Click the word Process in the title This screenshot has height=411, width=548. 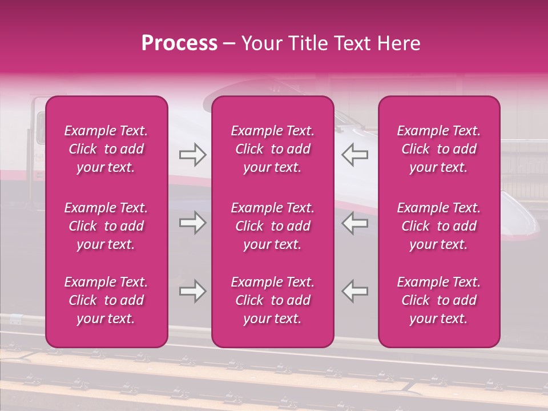pos(179,43)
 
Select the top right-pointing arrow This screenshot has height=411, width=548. pos(192,155)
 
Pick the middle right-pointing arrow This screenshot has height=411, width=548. pos(192,223)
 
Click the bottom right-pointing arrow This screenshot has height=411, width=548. pos(192,291)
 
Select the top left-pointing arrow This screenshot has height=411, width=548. pos(354,155)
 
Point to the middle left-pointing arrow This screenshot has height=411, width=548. pos(354,223)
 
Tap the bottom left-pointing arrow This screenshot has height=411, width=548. pos(354,291)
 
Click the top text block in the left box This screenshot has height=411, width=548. pos(106,149)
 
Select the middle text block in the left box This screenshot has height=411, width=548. pos(106,226)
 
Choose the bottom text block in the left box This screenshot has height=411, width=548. pos(106,300)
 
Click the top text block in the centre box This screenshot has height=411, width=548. pos(272,149)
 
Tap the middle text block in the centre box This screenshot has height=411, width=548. pos(272,226)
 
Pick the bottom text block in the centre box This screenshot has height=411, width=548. pos(272,300)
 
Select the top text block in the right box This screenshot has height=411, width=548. pos(439,149)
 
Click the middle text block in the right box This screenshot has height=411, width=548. pos(439,226)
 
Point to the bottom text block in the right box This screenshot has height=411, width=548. pos(439,300)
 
